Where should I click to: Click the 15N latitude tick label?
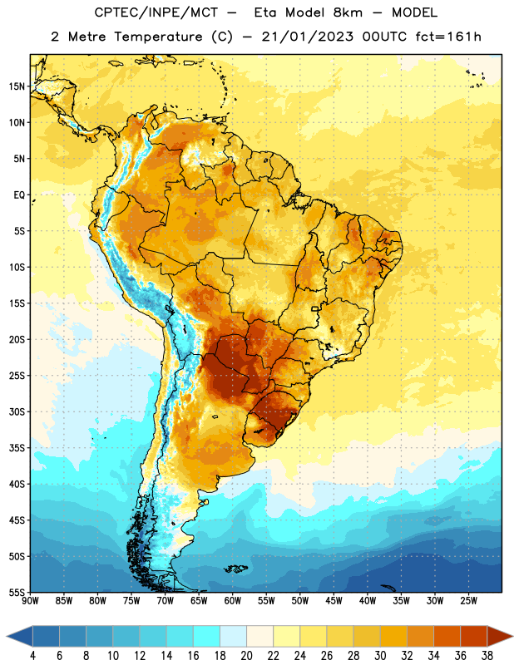point(17,86)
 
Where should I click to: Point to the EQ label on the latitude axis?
point(19,195)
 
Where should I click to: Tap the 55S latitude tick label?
point(17,592)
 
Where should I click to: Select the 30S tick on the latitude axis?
point(17,411)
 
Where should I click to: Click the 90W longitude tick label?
point(31,600)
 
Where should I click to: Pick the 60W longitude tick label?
point(233,600)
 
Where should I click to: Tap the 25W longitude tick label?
point(468,600)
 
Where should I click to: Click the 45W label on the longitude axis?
point(334,600)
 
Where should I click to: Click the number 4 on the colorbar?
point(32,656)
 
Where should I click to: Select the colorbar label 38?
point(487,656)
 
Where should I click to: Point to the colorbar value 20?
point(246,656)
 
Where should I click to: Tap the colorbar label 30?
point(380,656)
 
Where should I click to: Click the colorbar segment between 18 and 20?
point(234,636)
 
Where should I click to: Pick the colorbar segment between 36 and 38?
point(474,636)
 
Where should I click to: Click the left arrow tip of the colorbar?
point(7,636)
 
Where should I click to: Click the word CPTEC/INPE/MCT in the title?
point(156,12)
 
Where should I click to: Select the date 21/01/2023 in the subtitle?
point(307,37)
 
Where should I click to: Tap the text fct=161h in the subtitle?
point(448,37)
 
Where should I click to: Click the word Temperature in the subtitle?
point(158,37)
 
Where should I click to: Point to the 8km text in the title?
point(348,12)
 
